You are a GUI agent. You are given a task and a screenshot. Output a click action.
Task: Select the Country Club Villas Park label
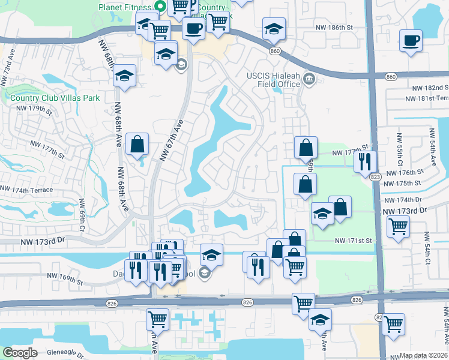point(54,98)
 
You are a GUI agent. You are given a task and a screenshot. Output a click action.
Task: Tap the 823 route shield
point(376,176)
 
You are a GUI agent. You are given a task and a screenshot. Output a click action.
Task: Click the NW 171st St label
point(354,241)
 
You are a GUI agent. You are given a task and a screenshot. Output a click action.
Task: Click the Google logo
point(20,352)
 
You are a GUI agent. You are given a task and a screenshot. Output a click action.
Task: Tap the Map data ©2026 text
point(424,355)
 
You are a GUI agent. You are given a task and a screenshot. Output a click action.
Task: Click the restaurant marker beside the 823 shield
point(364,161)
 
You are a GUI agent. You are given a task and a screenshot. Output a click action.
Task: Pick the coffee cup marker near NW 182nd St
point(411,41)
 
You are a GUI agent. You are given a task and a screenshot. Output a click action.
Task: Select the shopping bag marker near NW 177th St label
point(306,147)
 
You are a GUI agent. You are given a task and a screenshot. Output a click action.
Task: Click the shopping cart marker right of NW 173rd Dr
point(398,227)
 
